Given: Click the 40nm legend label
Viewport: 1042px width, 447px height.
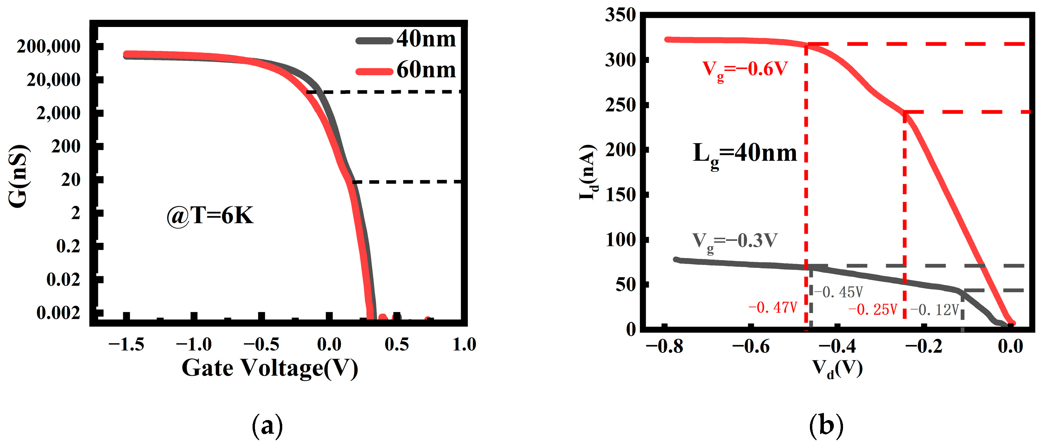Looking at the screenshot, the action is (x=426, y=39).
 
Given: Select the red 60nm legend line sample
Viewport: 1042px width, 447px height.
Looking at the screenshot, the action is (x=374, y=72).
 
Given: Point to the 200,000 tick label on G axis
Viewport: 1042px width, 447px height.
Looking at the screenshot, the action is (x=48, y=46).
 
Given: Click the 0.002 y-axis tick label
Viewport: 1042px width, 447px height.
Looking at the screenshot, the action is (x=58, y=312).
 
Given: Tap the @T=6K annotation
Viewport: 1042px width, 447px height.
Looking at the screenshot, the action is (x=210, y=216).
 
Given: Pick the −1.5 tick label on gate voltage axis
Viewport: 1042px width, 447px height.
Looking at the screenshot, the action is (x=126, y=345).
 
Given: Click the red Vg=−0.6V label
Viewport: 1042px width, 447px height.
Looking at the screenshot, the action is (x=745, y=70).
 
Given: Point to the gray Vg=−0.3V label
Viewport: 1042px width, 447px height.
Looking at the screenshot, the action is (x=734, y=241).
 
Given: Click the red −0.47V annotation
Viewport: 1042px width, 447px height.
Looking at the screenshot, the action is (x=773, y=308).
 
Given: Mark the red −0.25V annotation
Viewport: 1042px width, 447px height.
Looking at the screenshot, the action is (x=872, y=310).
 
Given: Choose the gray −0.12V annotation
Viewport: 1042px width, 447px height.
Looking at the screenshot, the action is (x=935, y=310).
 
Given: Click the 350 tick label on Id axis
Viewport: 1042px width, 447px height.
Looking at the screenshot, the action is (x=620, y=15).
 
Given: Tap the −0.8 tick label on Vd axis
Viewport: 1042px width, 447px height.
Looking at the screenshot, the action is (x=664, y=347).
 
